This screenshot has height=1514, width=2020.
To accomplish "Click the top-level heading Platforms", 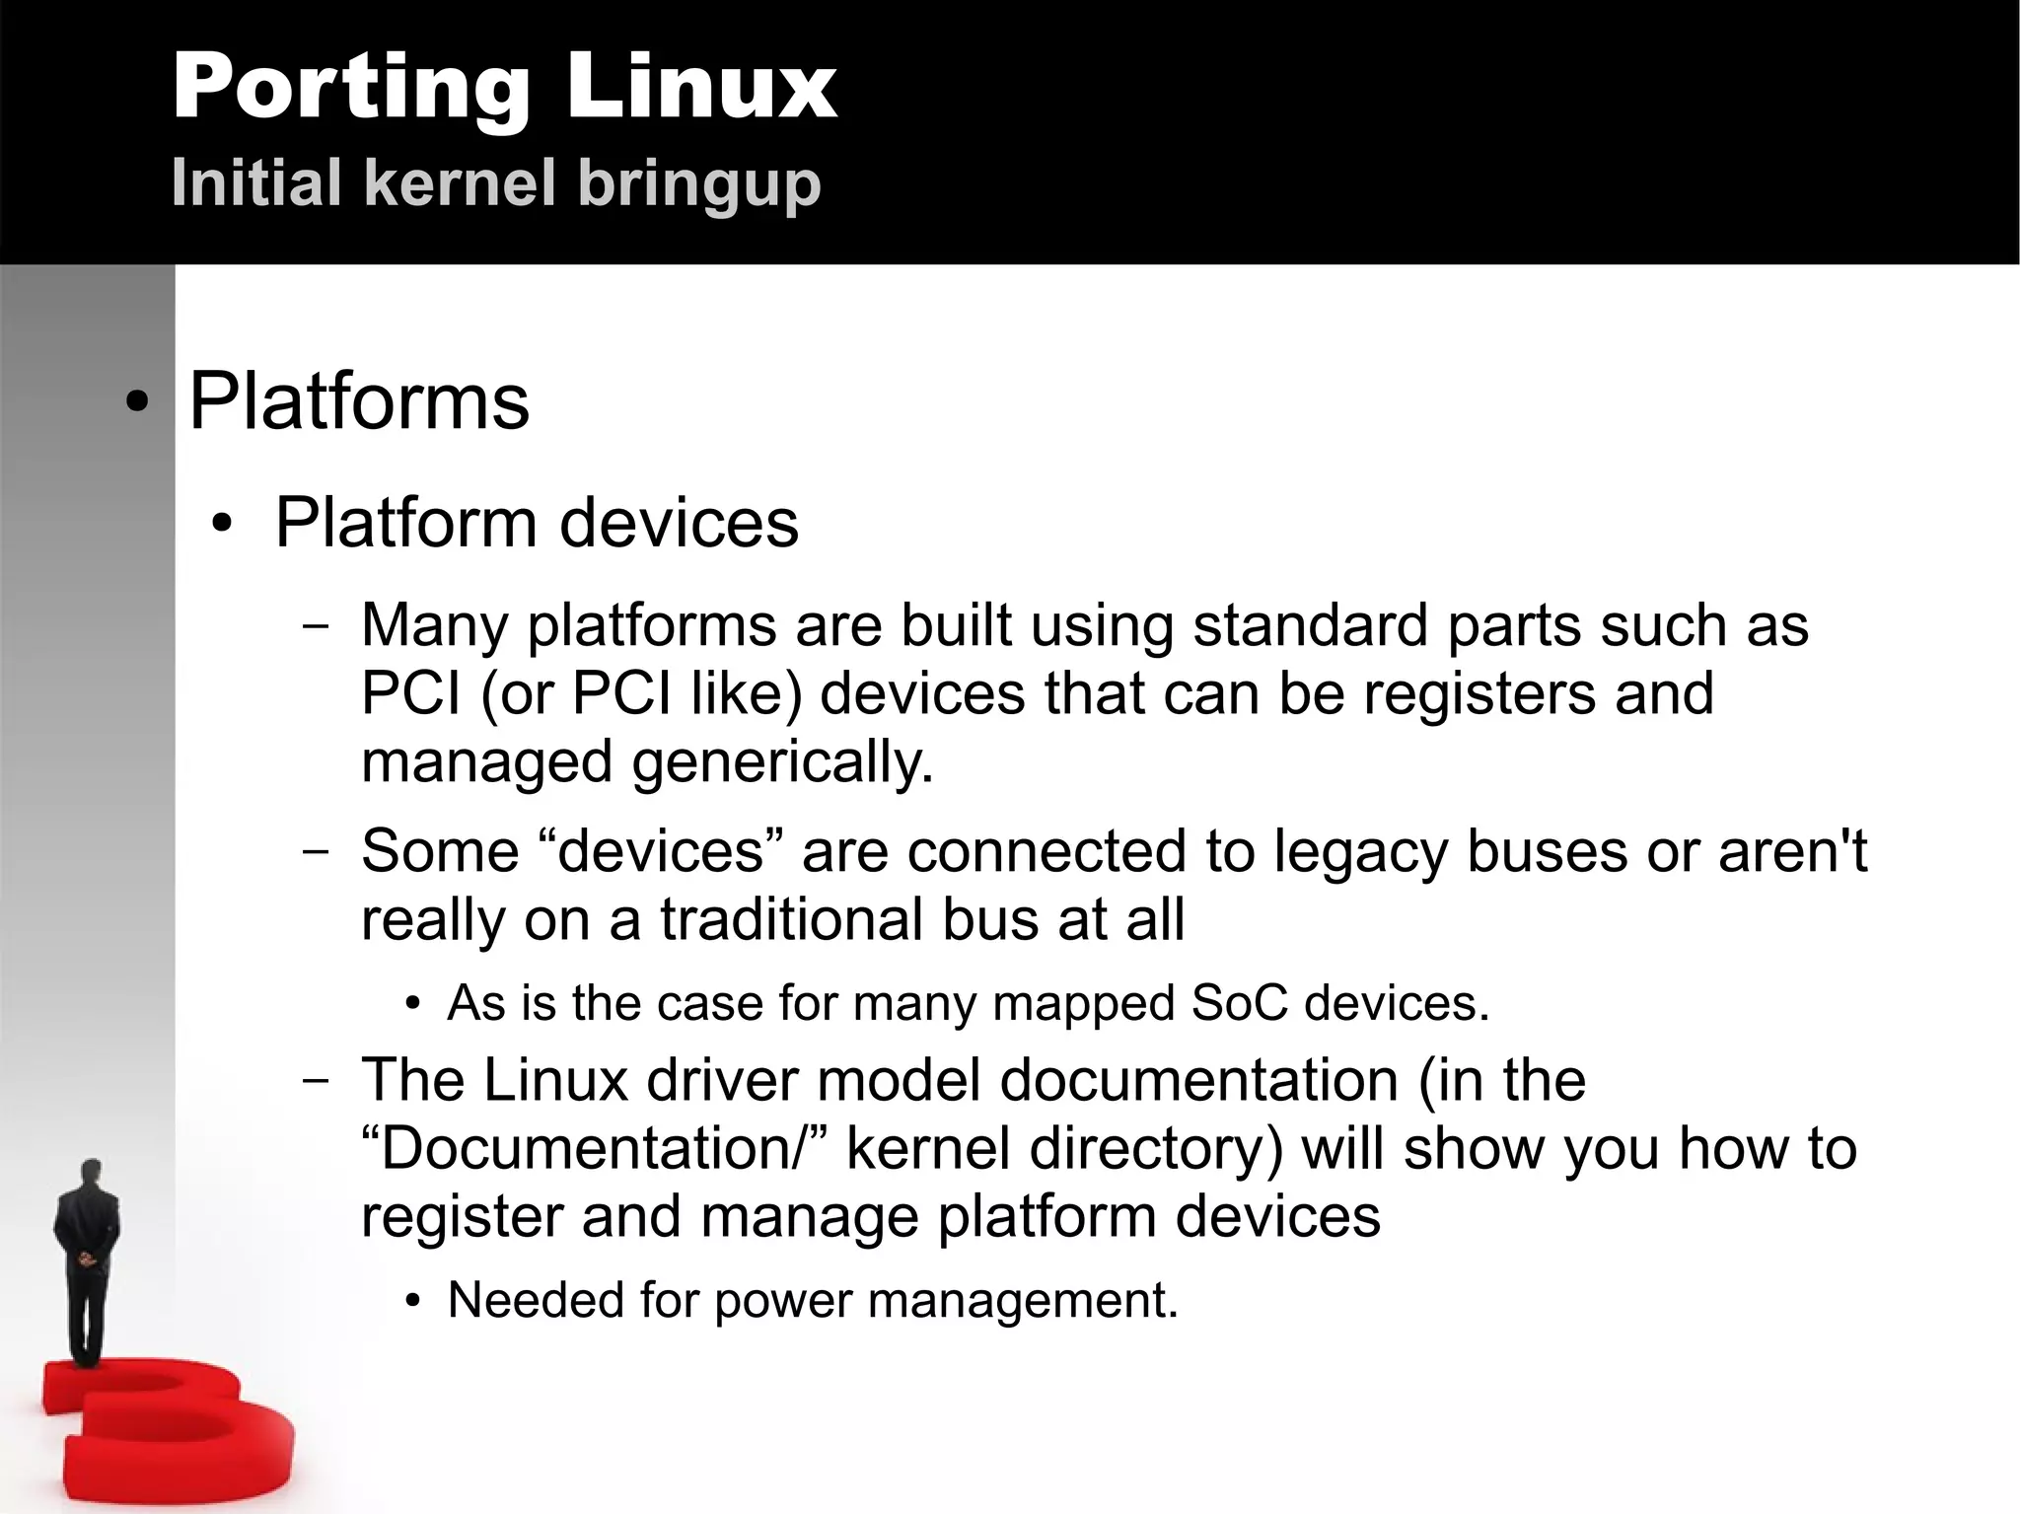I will point(359,401).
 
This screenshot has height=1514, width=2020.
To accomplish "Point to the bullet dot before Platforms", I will point(138,403).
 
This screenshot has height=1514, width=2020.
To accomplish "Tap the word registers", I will point(1479,692).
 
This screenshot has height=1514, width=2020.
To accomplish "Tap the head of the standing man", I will point(92,1174).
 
